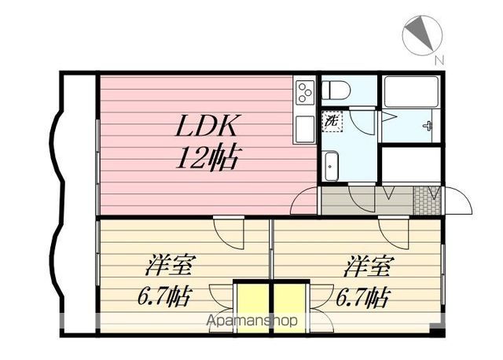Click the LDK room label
[207, 126]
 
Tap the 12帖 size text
[207, 157]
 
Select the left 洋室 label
[169, 266]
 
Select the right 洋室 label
[367, 266]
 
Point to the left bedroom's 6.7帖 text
[164, 297]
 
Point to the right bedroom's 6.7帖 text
[362, 297]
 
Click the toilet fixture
[336, 90]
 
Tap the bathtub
[411, 92]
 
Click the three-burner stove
[304, 92]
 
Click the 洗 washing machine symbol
[332, 121]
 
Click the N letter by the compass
[439, 61]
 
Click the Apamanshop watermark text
[251, 320]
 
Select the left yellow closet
[252, 308]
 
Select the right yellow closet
[289, 308]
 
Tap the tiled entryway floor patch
[426, 200]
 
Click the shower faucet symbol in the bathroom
[428, 126]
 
